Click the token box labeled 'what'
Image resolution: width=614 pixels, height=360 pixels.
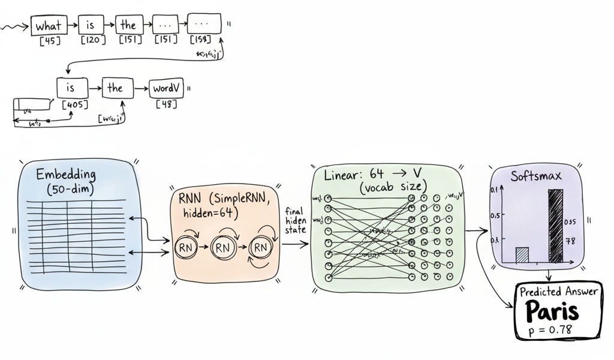(x=49, y=26)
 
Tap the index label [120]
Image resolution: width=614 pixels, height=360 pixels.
(x=93, y=41)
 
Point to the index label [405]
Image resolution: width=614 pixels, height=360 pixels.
(x=75, y=105)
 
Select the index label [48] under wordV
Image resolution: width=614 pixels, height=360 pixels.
(x=166, y=104)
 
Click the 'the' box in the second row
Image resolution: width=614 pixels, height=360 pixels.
(x=115, y=88)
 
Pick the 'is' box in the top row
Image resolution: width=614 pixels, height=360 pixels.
(x=91, y=25)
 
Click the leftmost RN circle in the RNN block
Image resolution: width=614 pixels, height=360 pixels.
(x=186, y=247)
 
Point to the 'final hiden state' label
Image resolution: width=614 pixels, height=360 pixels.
(x=296, y=220)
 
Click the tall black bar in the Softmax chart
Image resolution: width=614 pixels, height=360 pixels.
(x=556, y=226)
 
